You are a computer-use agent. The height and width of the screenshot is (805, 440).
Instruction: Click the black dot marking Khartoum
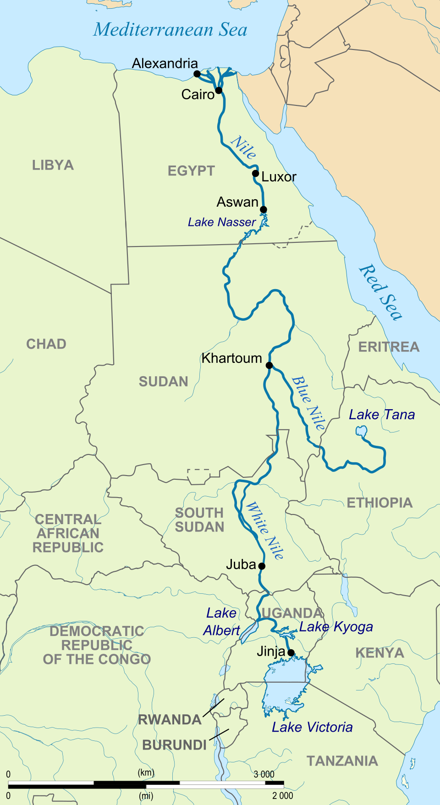pos(269,365)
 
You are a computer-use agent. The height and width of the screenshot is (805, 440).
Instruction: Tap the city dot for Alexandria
pos(197,74)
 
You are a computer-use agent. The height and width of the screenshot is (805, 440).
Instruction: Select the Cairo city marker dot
pos(219,90)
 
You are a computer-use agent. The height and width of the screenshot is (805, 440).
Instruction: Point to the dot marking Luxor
pos(256,173)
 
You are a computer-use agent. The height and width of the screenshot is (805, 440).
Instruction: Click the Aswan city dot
pos(264,210)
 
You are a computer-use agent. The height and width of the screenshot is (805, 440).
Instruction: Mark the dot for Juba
pos(262,566)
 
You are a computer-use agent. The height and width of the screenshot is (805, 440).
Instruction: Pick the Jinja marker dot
pos(291,652)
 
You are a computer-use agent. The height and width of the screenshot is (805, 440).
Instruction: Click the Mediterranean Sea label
pos(170,30)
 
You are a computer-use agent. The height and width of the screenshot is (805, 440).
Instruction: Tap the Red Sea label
pos(380,292)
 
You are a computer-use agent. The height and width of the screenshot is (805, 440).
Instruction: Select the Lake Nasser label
pos(222,222)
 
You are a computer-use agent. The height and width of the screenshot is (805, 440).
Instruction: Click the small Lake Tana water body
pos(361,431)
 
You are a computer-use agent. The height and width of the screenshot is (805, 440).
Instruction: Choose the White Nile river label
pos(265,531)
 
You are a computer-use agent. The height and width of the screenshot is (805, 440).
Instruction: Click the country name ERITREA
pos(389,347)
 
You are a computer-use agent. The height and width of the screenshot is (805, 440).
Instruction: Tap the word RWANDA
pos(170,720)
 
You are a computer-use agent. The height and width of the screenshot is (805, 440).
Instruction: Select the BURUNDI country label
pos(175,745)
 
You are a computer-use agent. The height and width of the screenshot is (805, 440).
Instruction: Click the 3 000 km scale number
pos(264,774)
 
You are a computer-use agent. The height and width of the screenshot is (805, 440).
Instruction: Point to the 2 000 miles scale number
pos(282,795)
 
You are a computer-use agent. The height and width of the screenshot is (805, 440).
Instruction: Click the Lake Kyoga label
pos(336,627)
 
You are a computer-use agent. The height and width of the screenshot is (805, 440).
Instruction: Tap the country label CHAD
pos(46,344)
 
